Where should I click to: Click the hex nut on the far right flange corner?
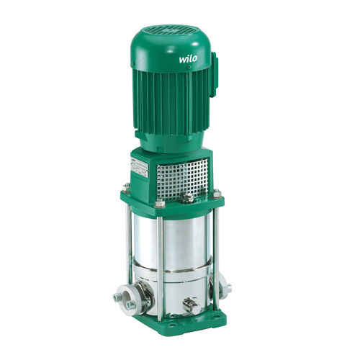coord(217,193)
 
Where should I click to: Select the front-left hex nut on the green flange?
coord(160,204)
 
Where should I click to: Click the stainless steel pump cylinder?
coord(180,245)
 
